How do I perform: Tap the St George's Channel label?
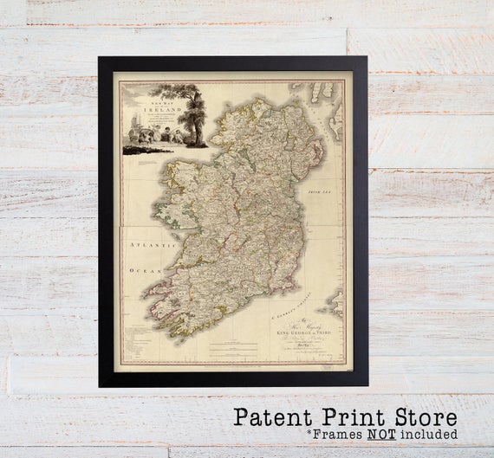point(293,304)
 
